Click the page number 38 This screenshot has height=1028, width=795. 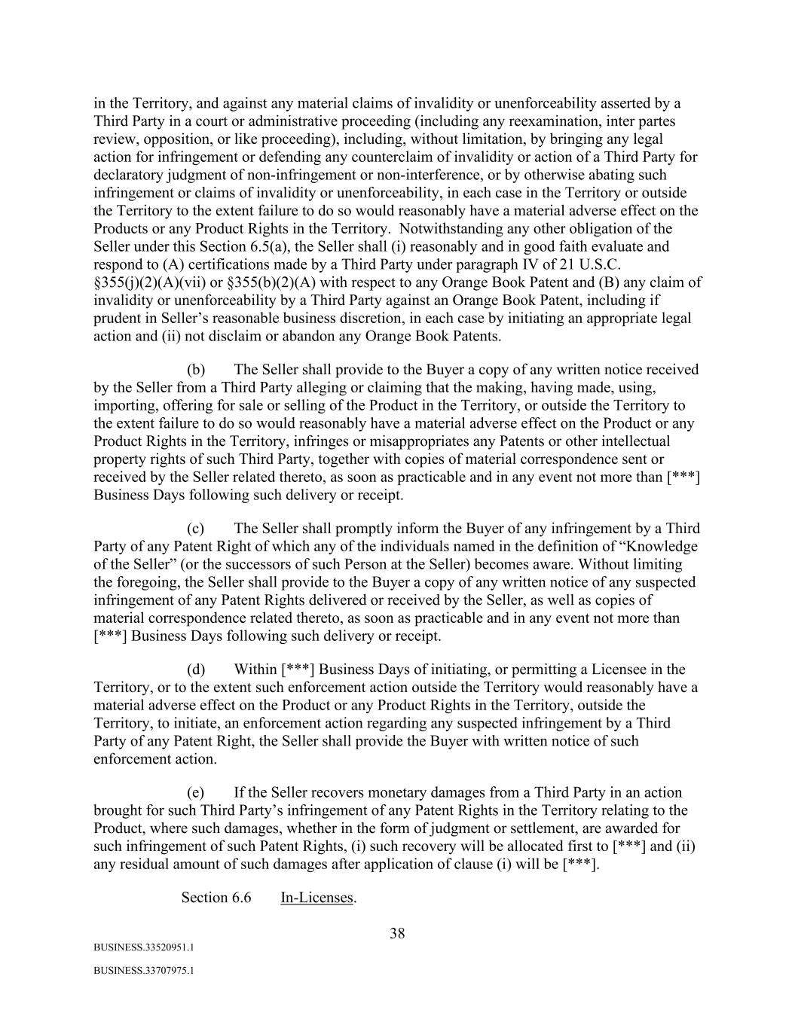click(397, 934)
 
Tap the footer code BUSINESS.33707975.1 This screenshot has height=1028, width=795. click(144, 971)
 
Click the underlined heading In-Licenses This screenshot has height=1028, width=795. click(316, 898)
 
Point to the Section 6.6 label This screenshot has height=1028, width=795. click(216, 898)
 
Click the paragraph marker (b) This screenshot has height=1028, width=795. click(196, 370)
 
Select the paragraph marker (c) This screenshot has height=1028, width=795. click(196, 529)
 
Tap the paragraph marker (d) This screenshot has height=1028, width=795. click(196, 670)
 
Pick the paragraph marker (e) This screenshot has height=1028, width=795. click(196, 793)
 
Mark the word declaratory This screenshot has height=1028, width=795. click(129, 175)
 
